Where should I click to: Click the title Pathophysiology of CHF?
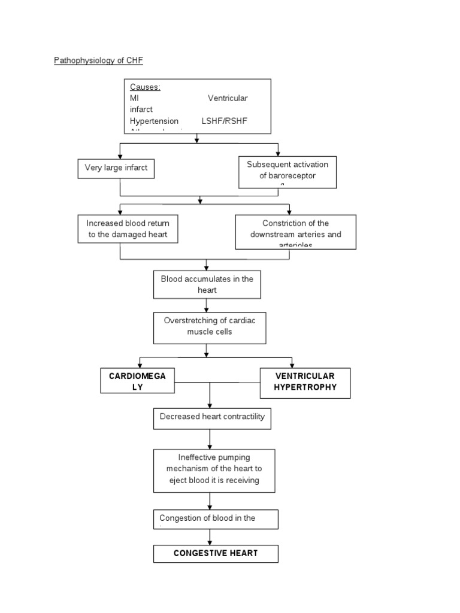tap(99, 60)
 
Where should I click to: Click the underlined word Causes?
tap(145, 87)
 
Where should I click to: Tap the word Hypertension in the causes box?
tap(154, 121)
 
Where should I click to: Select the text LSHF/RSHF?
tap(224, 121)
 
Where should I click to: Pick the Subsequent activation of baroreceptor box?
tap(287, 172)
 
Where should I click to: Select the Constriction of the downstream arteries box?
tap(295, 232)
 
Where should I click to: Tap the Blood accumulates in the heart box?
tap(207, 284)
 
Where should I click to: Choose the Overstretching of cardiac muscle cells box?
tap(210, 328)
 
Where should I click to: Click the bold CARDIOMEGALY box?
tap(138, 381)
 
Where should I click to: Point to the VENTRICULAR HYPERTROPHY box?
tap(305, 383)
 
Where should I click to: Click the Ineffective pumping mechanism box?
tap(214, 471)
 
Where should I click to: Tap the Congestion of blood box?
tap(216, 519)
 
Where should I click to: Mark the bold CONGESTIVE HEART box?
tap(216, 554)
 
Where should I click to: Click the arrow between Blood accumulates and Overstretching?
tap(207, 305)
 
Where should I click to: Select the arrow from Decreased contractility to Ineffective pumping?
tap(210, 439)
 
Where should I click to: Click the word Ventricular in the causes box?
tap(227, 98)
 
